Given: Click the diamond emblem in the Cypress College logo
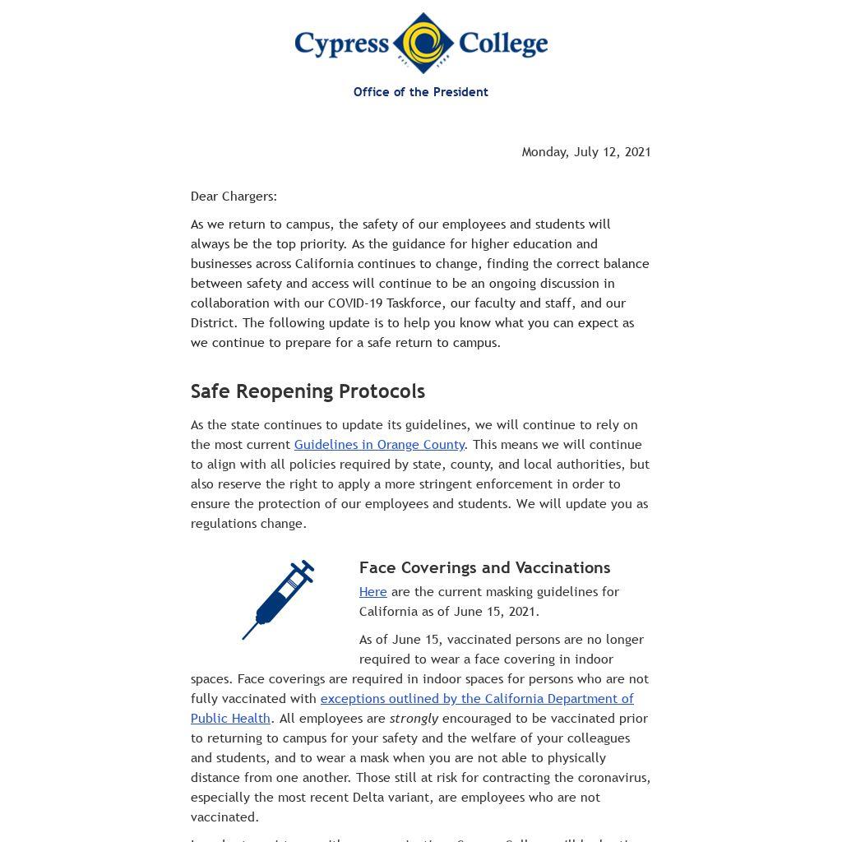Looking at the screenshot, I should coord(423,43).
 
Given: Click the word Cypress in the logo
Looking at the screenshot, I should coord(341,44).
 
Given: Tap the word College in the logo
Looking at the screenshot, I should coord(502,44).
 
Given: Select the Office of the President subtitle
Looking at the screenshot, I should coord(420,92).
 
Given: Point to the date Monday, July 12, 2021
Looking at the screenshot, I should coord(585,152).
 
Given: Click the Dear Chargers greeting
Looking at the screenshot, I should coord(234,197).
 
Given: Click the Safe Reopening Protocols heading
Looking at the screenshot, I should coord(308,391).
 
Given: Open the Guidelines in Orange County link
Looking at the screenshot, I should coord(379,445).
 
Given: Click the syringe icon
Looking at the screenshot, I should coord(278,600).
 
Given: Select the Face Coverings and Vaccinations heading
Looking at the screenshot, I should coord(484,568).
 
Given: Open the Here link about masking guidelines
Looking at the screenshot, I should coord(372,592).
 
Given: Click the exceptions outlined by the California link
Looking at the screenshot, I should coord(477,699).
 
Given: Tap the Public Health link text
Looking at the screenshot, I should coord(230,719).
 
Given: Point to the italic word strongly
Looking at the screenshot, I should coord(414,719).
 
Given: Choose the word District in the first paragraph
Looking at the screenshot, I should coord(213,323).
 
